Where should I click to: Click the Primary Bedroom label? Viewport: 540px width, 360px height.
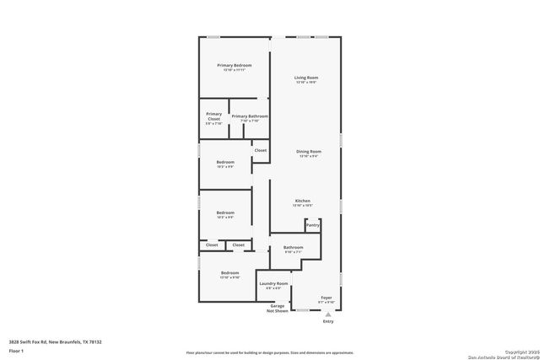(234, 66)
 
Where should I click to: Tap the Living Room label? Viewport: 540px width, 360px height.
(305, 78)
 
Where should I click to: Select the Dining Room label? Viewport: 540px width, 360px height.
(309, 151)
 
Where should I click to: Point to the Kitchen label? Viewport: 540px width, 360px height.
(302, 201)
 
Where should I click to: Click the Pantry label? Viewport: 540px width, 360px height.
(312, 225)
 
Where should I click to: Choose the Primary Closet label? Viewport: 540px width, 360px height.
(213, 116)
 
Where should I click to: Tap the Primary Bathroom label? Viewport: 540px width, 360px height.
(250, 116)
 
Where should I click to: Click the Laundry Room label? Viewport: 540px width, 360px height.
(273, 284)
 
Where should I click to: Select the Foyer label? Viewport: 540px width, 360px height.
(325, 297)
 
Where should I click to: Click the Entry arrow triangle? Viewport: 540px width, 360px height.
(328, 313)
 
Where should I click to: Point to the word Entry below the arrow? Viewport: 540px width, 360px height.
(328, 321)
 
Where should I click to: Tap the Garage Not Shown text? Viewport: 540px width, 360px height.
(277, 309)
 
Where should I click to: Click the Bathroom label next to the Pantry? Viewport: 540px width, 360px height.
(293, 248)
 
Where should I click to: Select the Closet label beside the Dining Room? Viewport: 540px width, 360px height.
(261, 150)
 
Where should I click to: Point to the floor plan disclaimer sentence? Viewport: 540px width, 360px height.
(269, 352)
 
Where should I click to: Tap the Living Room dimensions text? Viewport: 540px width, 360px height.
(305, 83)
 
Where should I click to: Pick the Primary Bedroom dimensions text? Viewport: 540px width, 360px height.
(234, 70)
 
